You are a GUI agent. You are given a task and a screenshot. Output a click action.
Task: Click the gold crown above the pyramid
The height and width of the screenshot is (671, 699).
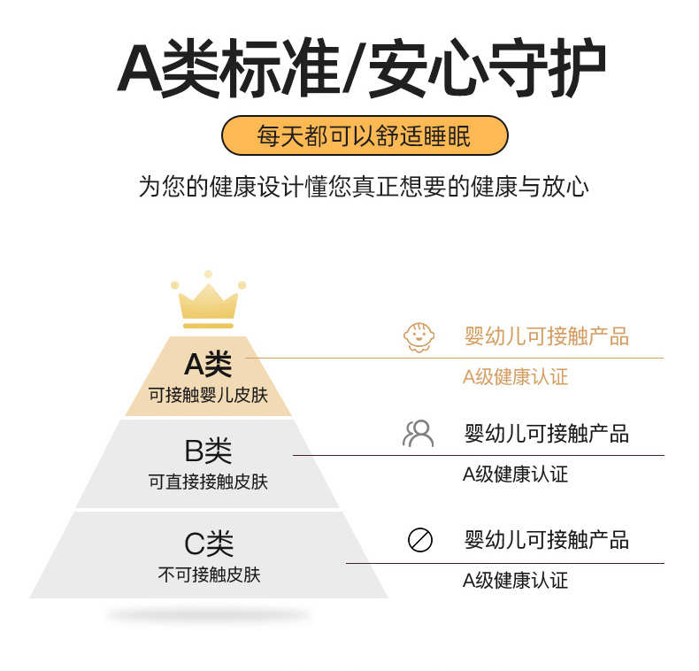coord(208,300)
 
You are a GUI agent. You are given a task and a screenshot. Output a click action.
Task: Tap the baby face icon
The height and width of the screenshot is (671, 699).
coord(419,337)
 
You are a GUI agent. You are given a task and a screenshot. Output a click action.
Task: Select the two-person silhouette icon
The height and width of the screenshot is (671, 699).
coord(418,434)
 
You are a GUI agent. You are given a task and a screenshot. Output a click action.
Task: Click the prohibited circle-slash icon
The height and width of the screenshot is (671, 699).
coord(419,539)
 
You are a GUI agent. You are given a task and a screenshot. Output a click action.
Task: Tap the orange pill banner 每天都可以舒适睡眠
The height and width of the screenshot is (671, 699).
coord(364,136)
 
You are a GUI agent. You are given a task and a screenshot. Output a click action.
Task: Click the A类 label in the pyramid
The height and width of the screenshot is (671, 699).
coord(208,363)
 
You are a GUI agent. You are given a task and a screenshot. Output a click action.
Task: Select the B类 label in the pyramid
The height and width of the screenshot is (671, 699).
coord(208,451)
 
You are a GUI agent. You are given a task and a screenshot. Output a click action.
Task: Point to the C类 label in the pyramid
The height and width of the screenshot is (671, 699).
coord(209,543)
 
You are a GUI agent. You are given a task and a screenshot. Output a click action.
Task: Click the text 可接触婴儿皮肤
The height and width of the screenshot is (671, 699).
coord(208,395)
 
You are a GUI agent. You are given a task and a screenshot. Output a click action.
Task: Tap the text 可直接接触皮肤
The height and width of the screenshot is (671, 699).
coord(208,482)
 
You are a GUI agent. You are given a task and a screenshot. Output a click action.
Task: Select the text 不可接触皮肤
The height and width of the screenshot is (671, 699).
coord(209,575)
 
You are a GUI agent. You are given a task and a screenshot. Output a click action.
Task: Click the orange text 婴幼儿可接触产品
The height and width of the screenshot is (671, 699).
coord(546,336)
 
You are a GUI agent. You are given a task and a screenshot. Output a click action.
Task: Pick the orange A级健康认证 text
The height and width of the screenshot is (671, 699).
coord(515,377)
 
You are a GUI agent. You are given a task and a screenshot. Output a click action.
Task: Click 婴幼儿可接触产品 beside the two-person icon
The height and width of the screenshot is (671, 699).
coord(546,434)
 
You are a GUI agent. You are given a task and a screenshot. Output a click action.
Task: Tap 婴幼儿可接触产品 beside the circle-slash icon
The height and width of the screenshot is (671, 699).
coord(546,539)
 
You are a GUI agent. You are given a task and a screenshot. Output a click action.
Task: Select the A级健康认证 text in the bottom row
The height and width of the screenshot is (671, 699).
coord(515,581)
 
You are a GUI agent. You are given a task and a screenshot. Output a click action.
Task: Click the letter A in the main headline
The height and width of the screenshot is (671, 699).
coord(139,68)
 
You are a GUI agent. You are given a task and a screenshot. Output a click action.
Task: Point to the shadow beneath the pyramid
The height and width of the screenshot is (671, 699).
coord(208,614)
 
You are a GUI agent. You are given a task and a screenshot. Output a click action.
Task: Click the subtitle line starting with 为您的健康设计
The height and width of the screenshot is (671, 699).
coord(363,188)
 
